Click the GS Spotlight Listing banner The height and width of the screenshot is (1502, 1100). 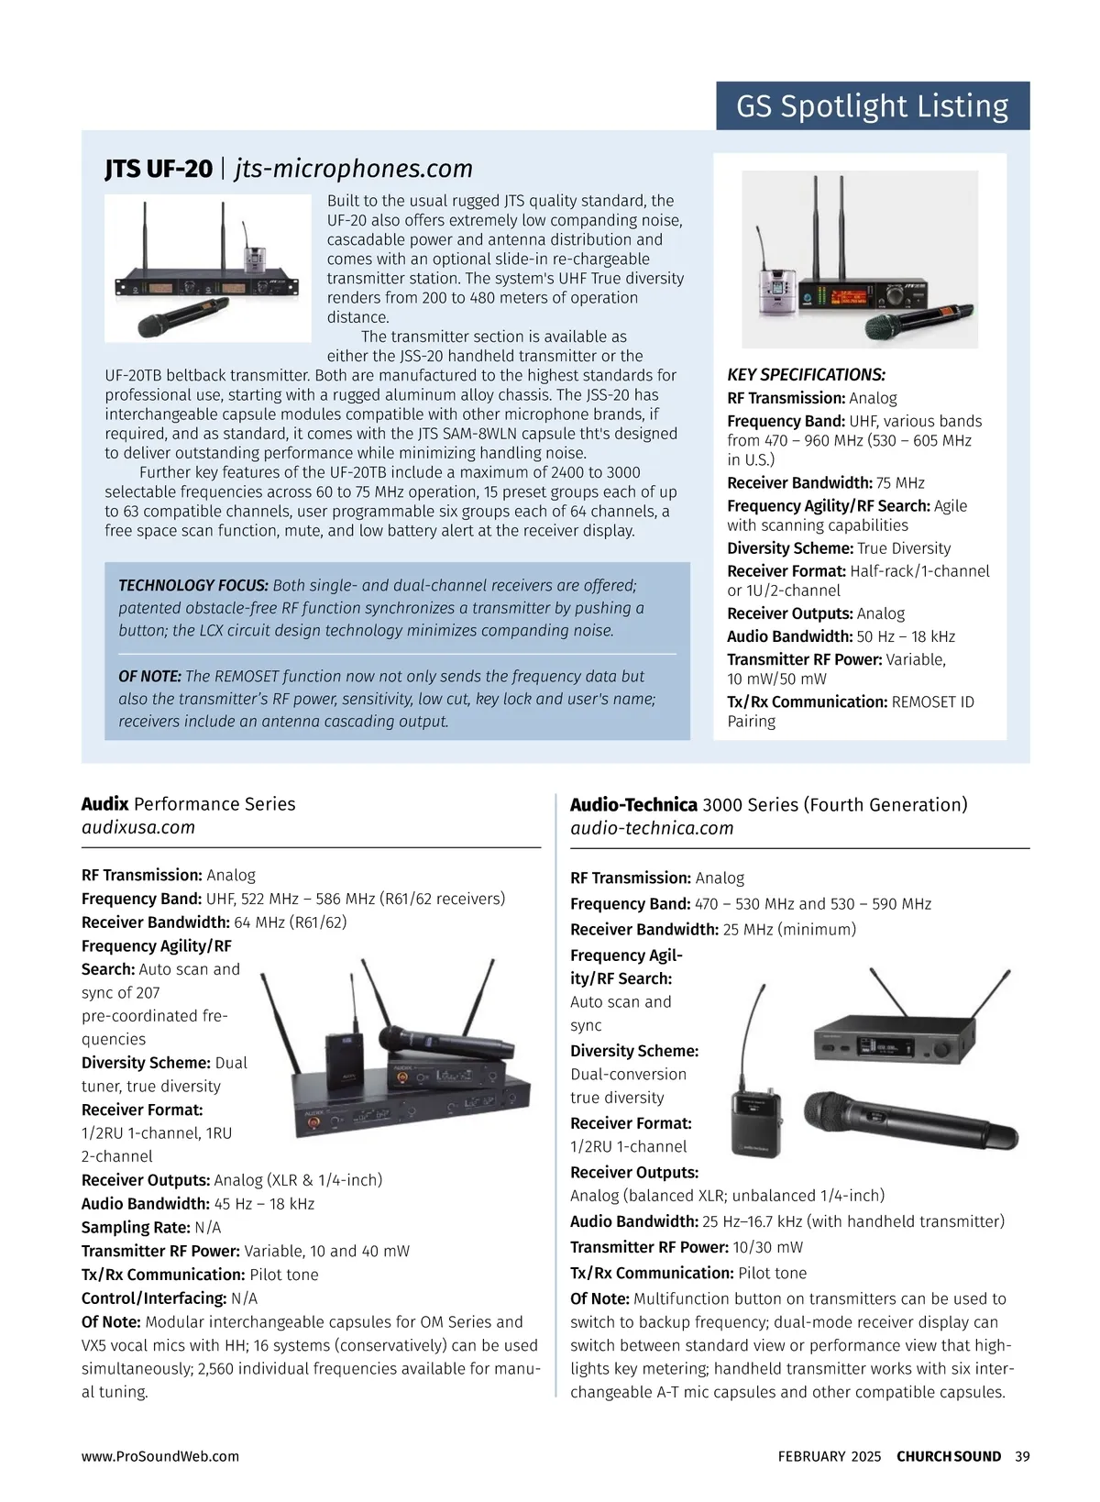[872, 105]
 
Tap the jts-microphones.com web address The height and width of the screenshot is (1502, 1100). [353, 169]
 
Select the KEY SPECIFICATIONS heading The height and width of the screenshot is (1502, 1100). [807, 375]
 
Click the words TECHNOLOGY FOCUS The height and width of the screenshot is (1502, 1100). [193, 585]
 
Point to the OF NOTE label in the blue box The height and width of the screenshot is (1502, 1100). [149, 676]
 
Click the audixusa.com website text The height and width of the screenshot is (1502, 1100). [138, 827]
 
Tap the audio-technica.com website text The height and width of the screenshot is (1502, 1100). [652, 828]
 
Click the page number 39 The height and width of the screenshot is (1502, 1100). [1022, 1456]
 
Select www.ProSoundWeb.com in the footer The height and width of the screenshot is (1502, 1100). [160, 1456]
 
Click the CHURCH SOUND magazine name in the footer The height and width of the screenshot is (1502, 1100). [949, 1456]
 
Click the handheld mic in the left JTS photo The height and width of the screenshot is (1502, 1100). [182, 317]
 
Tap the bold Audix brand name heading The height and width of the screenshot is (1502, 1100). [104, 804]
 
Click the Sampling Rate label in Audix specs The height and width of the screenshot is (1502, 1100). [136, 1228]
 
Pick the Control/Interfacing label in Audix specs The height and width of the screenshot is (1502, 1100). [153, 1298]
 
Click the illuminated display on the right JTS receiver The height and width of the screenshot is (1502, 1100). [851, 297]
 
